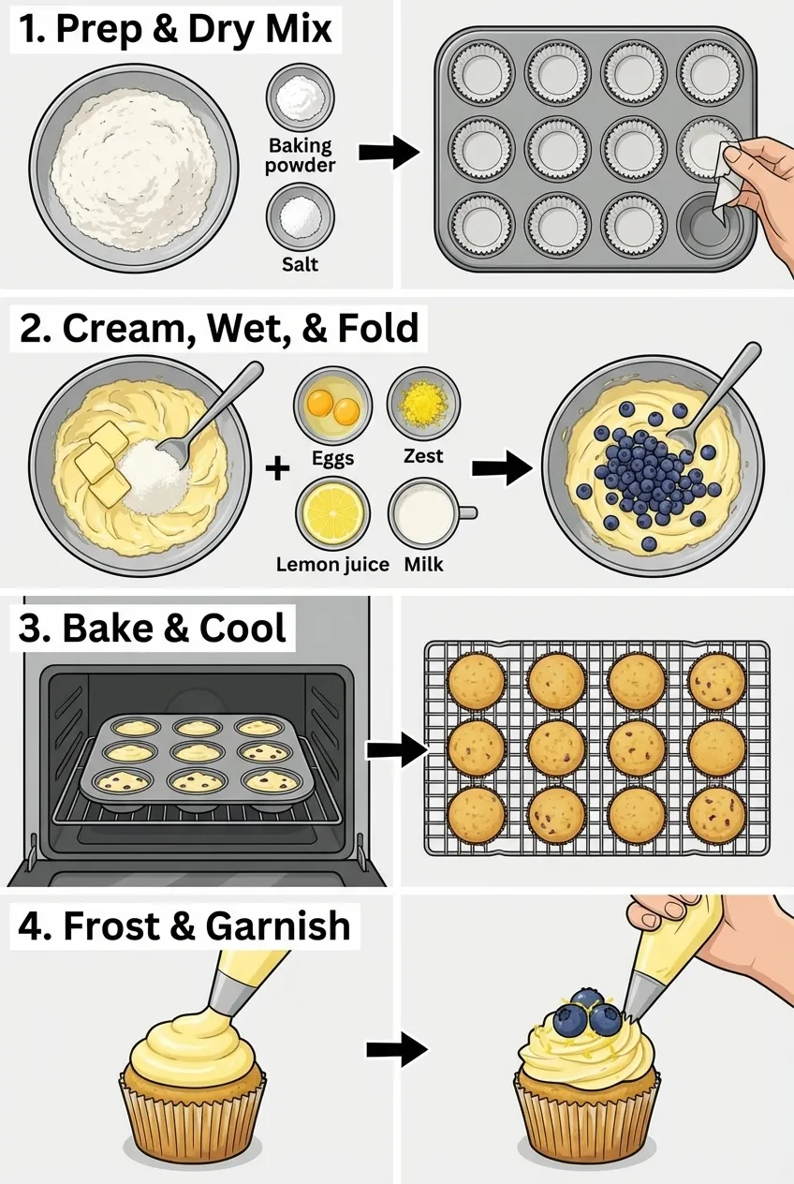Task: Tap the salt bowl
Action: pyautogui.click(x=301, y=216)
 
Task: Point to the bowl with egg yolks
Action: pyautogui.click(x=332, y=406)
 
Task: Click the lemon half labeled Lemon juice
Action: pyautogui.click(x=332, y=514)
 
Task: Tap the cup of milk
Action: pyautogui.click(x=423, y=514)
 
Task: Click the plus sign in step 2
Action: pyautogui.click(x=277, y=467)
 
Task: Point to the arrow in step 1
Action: pyautogui.click(x=389, y=151)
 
